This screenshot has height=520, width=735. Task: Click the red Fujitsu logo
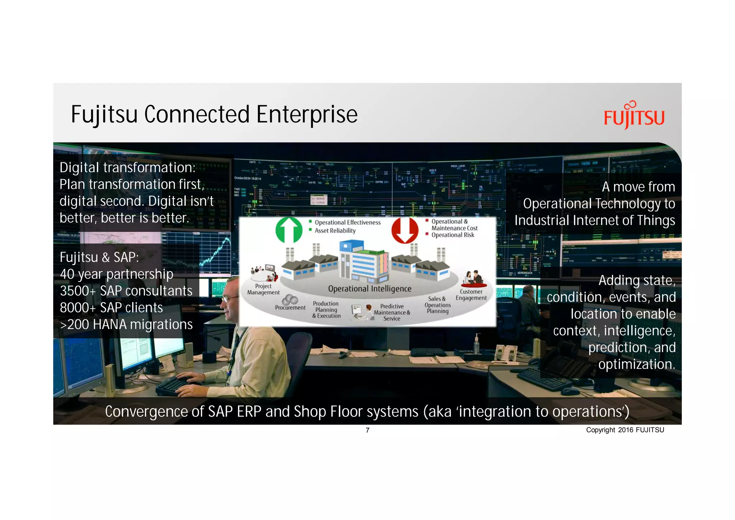634,116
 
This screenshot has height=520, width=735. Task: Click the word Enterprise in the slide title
307,115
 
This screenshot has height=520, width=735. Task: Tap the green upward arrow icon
289,230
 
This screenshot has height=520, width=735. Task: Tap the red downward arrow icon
405,230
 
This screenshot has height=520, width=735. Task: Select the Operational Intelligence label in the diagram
370,289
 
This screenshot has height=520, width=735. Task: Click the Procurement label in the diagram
290,308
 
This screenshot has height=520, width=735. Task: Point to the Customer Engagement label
471,295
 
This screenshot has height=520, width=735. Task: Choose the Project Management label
263,289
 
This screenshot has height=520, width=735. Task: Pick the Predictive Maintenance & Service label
392,312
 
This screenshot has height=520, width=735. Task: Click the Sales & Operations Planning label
437,305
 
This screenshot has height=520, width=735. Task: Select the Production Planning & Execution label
326,310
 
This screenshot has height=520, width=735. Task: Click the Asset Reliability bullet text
335,231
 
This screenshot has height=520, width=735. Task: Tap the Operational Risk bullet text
453,235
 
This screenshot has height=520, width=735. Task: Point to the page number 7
367,430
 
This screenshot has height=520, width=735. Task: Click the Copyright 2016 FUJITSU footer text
625,430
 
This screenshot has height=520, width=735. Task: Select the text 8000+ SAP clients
111,308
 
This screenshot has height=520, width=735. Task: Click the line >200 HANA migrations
126,325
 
